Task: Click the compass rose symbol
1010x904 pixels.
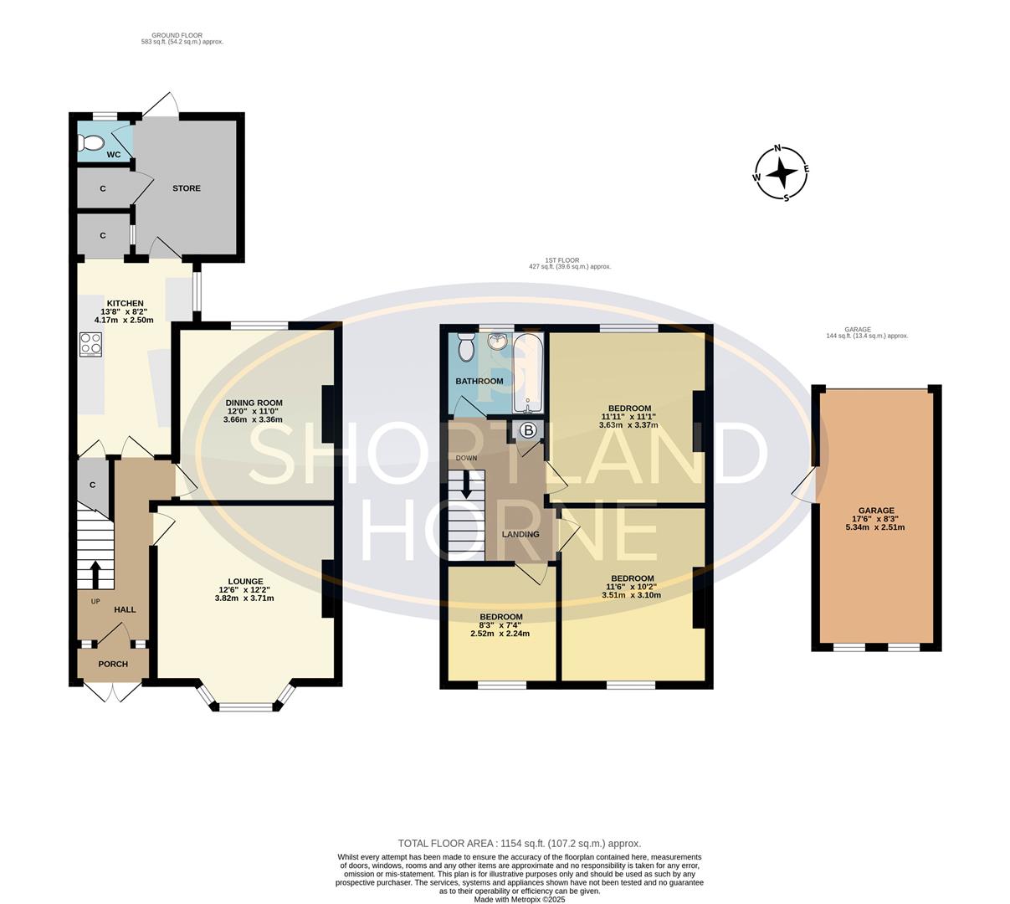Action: (x=782, y=173)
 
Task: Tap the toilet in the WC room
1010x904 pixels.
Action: (x=90, y=141)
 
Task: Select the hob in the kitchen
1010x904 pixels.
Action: (x=90, y=344)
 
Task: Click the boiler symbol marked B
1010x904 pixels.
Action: (x=529, y=431)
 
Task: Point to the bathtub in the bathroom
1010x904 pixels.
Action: (x=527, y=373)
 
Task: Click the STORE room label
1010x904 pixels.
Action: (x=187, y=188)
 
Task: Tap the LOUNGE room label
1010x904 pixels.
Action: (x=246, y=581)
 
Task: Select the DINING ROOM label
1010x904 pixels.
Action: (x=254, y=403)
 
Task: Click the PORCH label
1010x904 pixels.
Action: (x=113, y=664)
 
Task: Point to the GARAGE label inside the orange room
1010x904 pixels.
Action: (x=876, y=511)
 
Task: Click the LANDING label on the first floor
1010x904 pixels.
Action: (x=520, y=534)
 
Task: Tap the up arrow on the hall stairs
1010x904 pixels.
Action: (x=95, y=573)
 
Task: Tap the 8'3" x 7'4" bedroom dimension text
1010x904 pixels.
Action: (x=500, y=625)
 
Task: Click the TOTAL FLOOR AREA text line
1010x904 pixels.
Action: (x=519, y=844)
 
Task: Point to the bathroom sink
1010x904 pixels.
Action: (x=499, y=342)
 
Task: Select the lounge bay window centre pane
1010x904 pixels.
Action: (x=246, y=707)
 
